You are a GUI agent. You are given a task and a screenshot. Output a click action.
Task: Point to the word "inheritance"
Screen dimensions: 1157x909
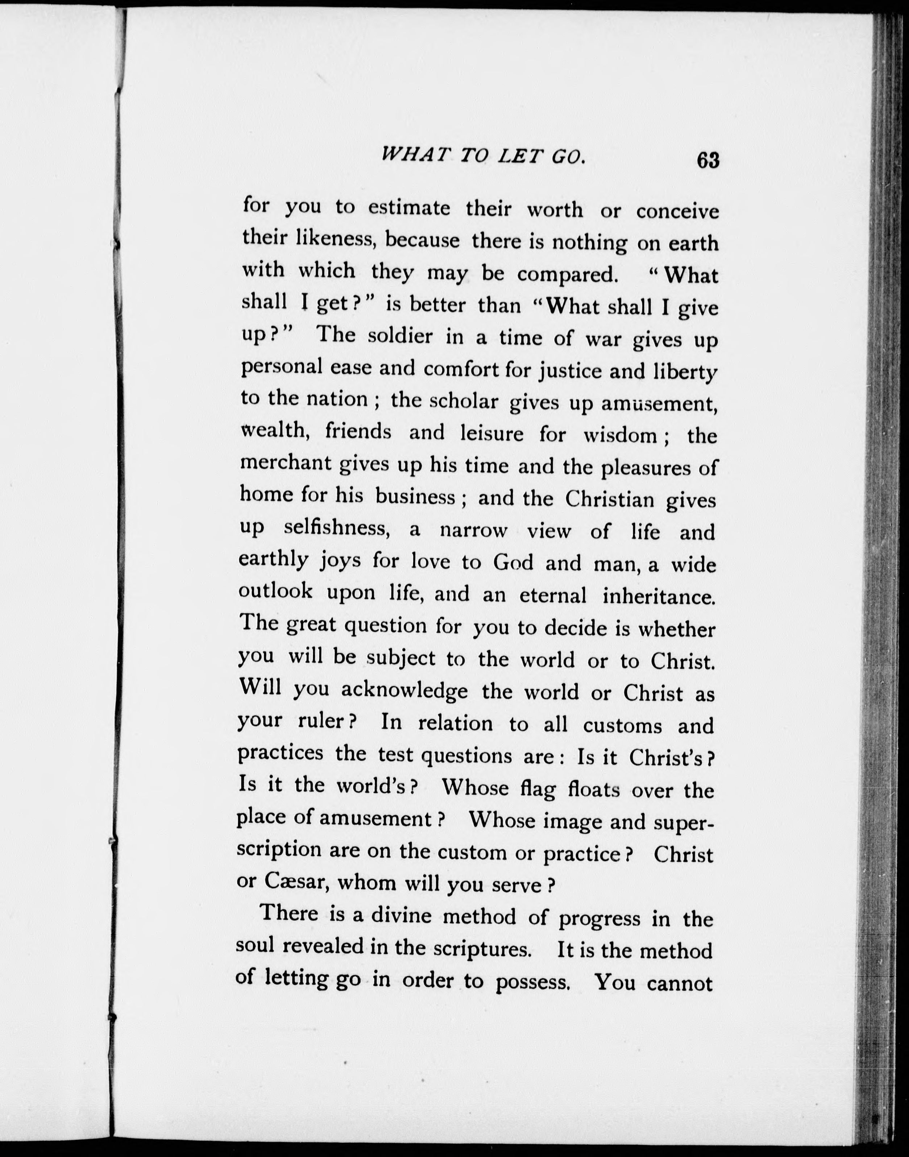(x=659, y=596)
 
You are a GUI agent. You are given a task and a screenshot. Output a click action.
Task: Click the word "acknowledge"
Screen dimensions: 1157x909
(x=404, y=691)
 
